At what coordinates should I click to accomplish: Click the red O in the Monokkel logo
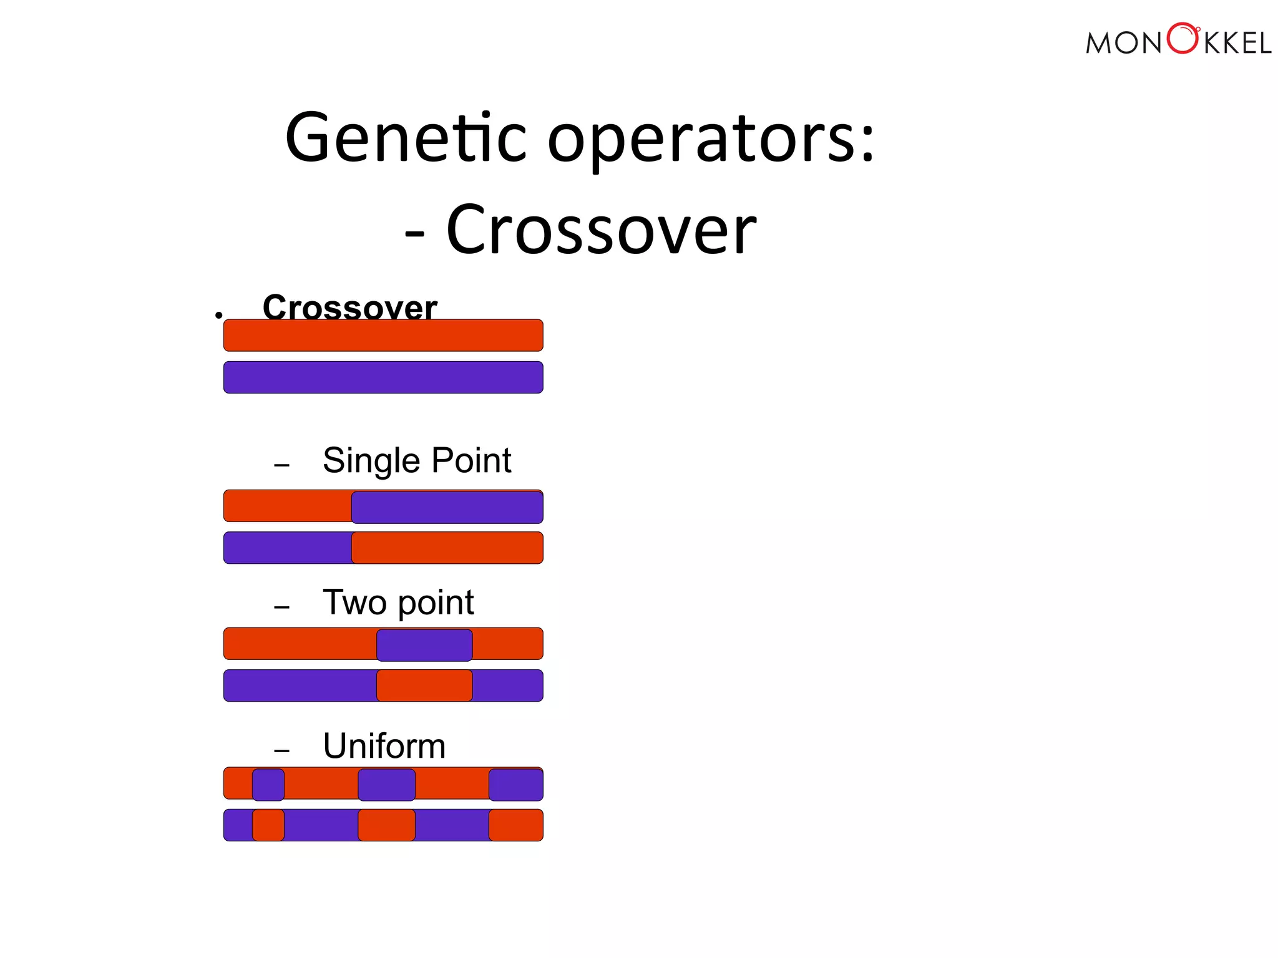point(1182,39)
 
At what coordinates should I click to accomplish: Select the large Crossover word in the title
point(601,230)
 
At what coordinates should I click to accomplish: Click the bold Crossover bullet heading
point(349,307)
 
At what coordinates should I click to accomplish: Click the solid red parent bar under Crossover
point(383,336)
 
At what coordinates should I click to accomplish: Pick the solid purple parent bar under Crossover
point(383,377)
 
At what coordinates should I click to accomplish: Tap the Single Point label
point(416,461)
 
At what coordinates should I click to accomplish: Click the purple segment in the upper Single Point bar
point(447,507)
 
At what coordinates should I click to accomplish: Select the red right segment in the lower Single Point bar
point(447,548)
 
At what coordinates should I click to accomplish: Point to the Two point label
point(398,602)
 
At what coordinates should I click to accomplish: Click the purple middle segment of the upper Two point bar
point(424,645)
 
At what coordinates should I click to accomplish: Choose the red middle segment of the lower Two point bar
point(424,685)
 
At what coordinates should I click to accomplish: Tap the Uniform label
point(384,746)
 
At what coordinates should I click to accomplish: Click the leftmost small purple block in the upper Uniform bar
point(268,785)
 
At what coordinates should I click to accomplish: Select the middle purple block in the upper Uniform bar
point(386,785)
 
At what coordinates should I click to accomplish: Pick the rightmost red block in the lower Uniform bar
point(515,825)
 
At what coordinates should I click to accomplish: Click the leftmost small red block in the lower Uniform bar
point(268,825)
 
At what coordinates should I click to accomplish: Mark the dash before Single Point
point(281,465)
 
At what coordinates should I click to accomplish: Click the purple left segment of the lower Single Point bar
point(287,548)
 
